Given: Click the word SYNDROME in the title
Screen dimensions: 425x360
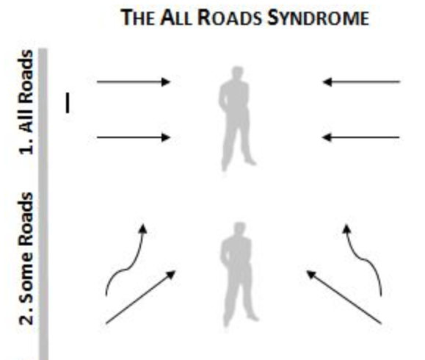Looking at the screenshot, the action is tap(319, 18).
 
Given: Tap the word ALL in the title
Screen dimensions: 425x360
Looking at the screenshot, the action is tap(176, 18).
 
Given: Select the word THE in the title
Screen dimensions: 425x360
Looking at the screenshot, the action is tap(138, 18).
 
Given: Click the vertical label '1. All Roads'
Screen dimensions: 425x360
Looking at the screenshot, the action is tap(26, 102).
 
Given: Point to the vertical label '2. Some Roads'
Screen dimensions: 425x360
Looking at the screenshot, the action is tap(26, 259).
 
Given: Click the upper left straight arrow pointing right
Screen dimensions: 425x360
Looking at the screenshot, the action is tap(134, 82).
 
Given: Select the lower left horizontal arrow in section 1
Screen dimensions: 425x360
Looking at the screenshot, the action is tap(134, 137).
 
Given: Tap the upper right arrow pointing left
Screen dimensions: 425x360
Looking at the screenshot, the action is tap(361, 82).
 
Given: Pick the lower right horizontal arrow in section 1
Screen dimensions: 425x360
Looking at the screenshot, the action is tap(360, 137).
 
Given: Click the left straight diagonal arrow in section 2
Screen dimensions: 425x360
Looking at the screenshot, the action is tap(141, 297).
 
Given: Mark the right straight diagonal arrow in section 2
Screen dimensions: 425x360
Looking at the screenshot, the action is tap(344, 297).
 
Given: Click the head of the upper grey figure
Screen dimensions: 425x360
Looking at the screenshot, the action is tap(237, 73).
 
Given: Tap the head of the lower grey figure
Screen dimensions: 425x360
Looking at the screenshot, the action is tap(239, 229).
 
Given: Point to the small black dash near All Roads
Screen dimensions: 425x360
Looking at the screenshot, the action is tap(68, 103).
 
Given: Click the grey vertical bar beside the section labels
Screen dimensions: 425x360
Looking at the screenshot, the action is tap(43, 204).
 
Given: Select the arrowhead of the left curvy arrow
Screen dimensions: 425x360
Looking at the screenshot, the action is tap(143, 228).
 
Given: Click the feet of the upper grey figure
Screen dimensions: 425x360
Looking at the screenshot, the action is tap(239, 164).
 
